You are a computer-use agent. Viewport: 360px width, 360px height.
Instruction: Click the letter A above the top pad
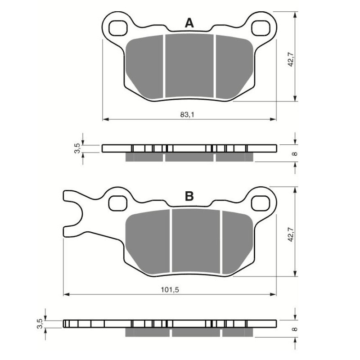189,23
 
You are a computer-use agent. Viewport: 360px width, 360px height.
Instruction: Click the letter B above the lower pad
189,196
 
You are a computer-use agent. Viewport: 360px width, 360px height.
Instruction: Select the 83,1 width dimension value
187,115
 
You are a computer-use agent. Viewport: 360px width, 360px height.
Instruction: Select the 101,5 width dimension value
170,290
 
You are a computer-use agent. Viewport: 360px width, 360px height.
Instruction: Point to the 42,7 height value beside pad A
291,59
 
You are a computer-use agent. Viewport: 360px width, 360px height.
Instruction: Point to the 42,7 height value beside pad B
291,234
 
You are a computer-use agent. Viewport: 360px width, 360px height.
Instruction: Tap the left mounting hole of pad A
118,28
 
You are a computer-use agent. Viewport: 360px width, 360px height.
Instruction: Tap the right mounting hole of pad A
261,28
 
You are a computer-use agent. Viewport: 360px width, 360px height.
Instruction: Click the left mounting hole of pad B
118,203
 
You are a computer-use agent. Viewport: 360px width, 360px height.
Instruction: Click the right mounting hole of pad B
261,203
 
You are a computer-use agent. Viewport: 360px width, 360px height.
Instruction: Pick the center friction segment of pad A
189,66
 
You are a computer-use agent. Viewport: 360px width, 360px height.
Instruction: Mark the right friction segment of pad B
238,242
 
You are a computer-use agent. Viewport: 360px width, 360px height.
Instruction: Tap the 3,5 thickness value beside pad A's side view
77,148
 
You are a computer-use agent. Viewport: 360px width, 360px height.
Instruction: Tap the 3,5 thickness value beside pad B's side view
40,324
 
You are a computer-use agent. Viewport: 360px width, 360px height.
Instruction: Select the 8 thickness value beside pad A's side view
295,153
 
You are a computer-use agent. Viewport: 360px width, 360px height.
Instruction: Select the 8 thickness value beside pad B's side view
295,329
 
